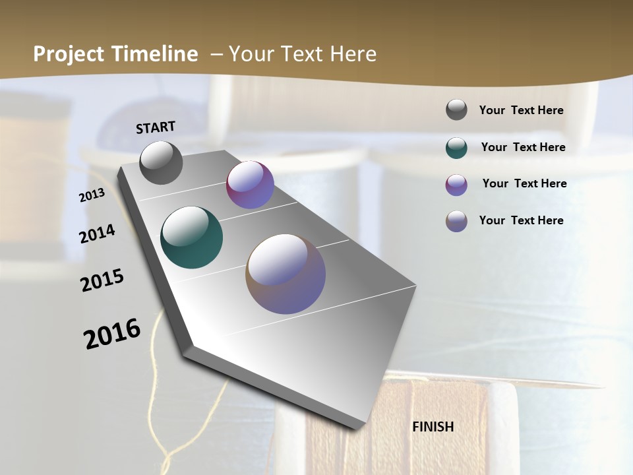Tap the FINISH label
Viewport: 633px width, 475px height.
(x=433, y=427)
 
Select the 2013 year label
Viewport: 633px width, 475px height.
(x=92, y=195)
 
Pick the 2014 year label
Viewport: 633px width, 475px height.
(x=98, y=234)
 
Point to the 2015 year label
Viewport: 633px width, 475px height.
(x=102, y=280)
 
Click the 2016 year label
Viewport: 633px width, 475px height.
(x=112, y=334)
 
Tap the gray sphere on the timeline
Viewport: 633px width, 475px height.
(x=161, y=162)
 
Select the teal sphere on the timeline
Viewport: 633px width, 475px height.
(x=191, y=237)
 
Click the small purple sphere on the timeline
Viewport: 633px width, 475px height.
(x=250, y=185)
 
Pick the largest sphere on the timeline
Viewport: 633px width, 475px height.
(x=286, y=274)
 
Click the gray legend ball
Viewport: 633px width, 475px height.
(x=456, y=110)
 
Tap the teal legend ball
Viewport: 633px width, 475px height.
(x=456, y=148)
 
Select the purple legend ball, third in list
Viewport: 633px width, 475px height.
(x=456, y=185)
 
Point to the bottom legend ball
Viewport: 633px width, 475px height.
(x=456, y=221)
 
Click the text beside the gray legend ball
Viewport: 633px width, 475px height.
(x=521, y=110)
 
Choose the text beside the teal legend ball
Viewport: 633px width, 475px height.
(x=523, y=147)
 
